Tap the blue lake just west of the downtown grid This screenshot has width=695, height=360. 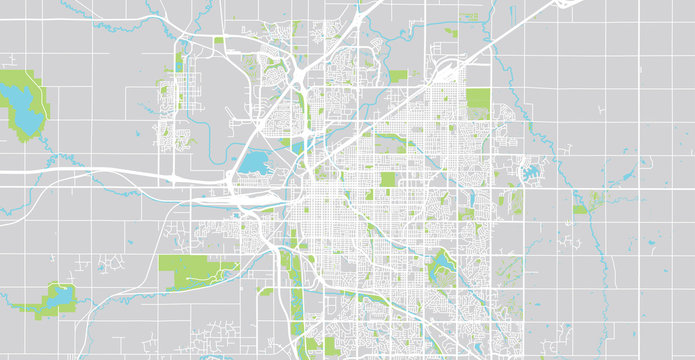(253, 161)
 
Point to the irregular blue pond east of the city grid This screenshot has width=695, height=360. (529, 173)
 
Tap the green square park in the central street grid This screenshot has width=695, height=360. (388, 180)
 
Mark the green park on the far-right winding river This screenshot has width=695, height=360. (583, 204)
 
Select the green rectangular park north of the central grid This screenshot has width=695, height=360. (399, 76)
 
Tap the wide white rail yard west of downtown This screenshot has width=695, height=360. (250, 199)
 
